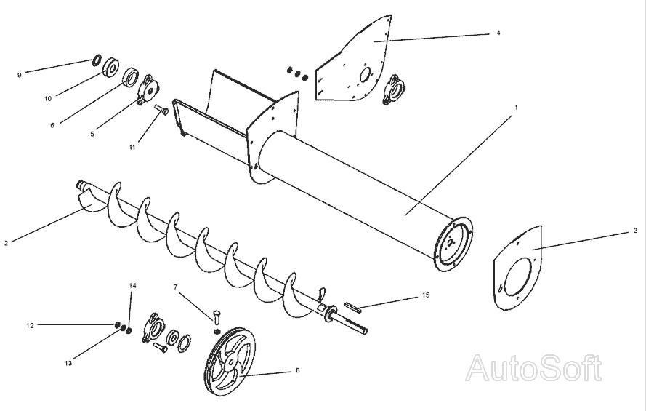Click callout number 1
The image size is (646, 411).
516,107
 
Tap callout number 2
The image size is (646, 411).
7,242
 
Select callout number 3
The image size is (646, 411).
635,231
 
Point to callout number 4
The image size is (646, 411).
498,33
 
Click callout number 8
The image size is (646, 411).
297,370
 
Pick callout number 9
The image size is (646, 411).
20,73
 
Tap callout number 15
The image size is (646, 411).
426,296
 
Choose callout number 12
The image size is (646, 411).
31,324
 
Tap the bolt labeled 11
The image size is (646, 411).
161,111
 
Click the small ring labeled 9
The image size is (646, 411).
97,60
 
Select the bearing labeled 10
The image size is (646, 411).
112,68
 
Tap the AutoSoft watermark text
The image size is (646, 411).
533,368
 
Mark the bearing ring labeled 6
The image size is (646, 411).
131,76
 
